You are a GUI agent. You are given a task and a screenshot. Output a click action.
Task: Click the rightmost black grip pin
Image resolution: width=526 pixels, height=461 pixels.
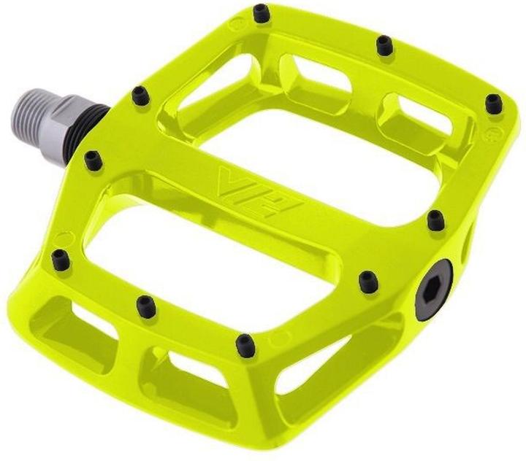[x=493, y=103]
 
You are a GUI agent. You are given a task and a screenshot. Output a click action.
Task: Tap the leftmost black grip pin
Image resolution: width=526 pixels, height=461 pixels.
[x=61, y=260]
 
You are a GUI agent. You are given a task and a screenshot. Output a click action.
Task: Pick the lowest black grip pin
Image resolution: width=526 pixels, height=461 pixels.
[x=245, y=345]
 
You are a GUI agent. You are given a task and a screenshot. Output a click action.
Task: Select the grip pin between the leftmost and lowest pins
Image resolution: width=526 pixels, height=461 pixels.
[x=147, y=306]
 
